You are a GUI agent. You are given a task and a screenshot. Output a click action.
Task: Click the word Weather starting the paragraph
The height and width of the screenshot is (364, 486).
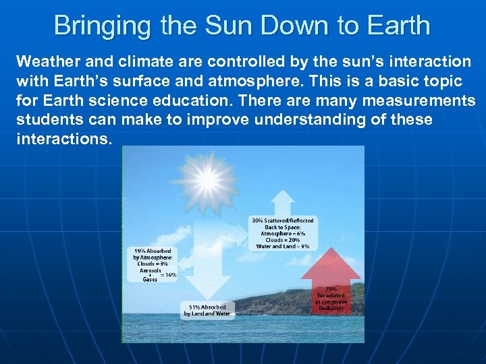click(x=47, y=62)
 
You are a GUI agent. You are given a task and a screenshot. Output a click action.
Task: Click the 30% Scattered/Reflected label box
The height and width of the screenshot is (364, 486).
click(x=283, y=233)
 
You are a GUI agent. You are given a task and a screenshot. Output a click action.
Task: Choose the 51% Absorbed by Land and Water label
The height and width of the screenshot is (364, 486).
click(x=208, y=310)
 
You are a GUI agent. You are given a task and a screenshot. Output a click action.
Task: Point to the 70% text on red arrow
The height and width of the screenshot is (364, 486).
click(x=331, y=288)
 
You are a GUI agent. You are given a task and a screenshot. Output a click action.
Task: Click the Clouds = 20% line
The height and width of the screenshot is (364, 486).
click(x=283, y=240)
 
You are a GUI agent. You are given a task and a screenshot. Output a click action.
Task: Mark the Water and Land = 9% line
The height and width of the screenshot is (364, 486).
click(x=283, y=247)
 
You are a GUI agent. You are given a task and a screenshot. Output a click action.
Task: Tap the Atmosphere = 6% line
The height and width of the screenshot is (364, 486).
click(x=283, y=233)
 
